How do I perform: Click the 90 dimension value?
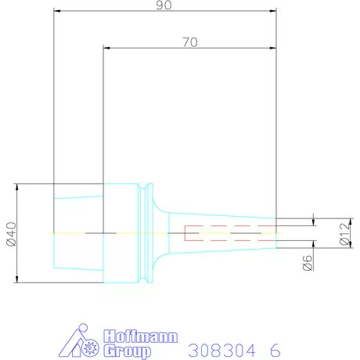[x=164, y=5]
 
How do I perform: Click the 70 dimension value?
[x=190, y=42]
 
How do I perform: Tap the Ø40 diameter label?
[x=12, y=234]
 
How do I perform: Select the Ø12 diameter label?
[x=345, y=234]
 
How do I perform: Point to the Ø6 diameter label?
[x=308, y=263]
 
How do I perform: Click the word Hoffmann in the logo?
[x=140, y=337]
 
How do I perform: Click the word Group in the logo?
[x=127, y=351]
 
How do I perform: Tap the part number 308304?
[x=221, y=351]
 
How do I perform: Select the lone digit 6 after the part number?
[x=275, y=351]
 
